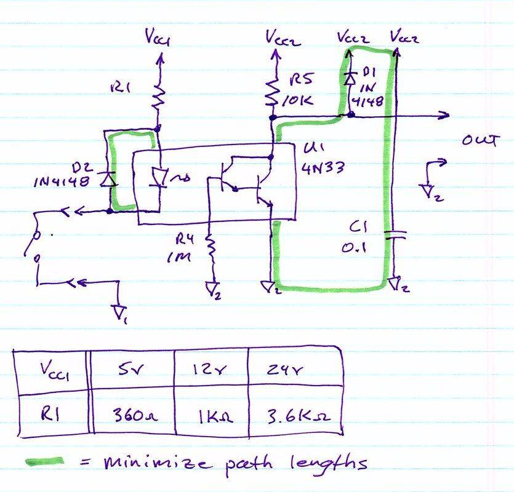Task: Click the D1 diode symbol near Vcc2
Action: point(350,78)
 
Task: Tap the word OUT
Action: point(479,141)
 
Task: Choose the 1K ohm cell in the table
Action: point(211,415)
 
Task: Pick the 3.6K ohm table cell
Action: point(294,415)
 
